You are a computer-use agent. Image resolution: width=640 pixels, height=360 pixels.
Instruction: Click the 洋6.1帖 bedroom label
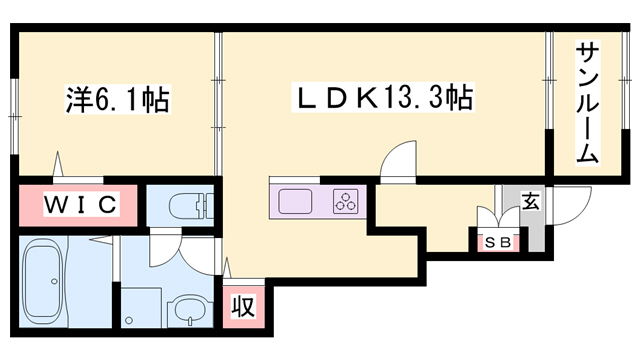116,101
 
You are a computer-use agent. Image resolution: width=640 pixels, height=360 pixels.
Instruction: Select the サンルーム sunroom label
587,103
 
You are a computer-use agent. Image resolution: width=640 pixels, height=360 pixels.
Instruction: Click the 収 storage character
242,306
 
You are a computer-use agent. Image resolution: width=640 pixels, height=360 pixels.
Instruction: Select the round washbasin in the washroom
187,309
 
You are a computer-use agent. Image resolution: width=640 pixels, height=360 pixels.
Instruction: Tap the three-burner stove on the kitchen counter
345,200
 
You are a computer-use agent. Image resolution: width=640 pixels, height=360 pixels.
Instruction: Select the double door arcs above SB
493,218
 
